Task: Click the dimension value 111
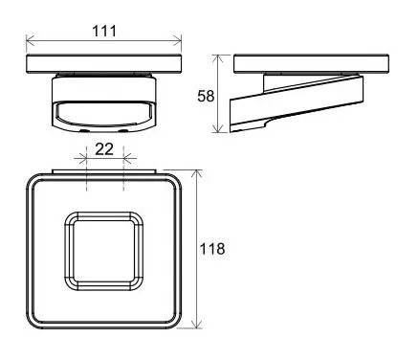pyautogui.click(x=104, y=32)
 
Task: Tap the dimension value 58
pyautogui.click(x=206, y=96)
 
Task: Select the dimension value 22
pyautogui.click(x=104, y=149)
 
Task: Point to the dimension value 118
pyautogui.click(x=212, y=249)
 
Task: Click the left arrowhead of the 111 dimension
pyautogui.click(x=30, y=40)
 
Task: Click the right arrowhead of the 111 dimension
pyautogui.click(x=177, y=40)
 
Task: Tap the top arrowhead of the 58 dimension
pyautogui.click(x=218, y=58)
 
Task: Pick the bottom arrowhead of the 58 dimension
pyautogui.click(x=218, y=128)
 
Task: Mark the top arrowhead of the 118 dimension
pyautogui.click(x=197, y=174)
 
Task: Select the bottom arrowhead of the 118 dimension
pyautogui.click(x=197, y=324)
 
